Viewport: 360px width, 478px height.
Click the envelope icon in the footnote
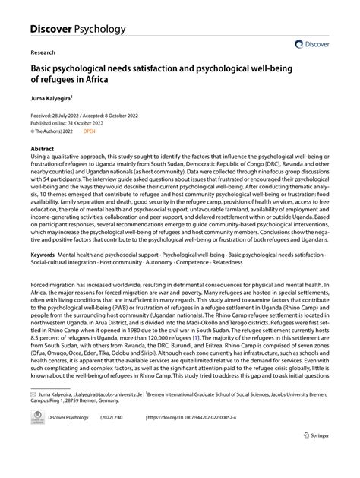pyautogui.click(x=33, y=417)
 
